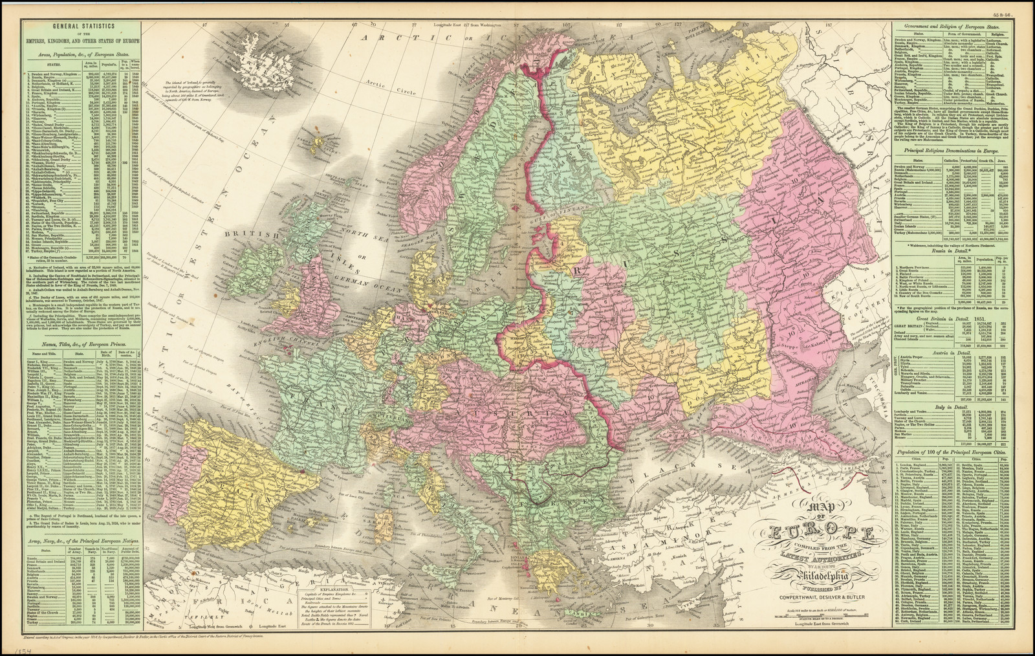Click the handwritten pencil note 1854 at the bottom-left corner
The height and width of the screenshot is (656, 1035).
pos(10,649)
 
